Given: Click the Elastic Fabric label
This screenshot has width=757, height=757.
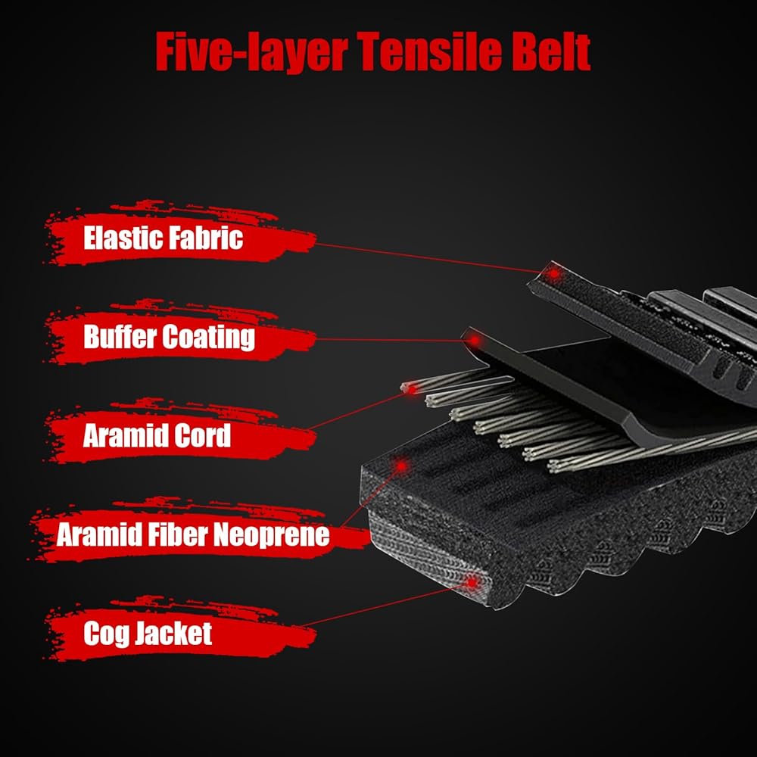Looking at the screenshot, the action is click(x=163, y=238).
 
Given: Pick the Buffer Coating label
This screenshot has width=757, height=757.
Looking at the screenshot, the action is click(x=169, y=337).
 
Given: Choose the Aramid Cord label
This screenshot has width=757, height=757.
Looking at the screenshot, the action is click(x=157, y=436).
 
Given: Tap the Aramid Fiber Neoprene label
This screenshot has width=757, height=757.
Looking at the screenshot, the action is click(x=193, y=535).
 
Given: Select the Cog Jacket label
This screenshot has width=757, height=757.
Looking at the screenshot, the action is click(x=148, y=634).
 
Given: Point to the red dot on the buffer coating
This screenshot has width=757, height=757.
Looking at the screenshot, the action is click(x=474, y=340).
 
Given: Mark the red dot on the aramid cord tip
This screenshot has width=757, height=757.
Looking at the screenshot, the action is click(x=412, y=388).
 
